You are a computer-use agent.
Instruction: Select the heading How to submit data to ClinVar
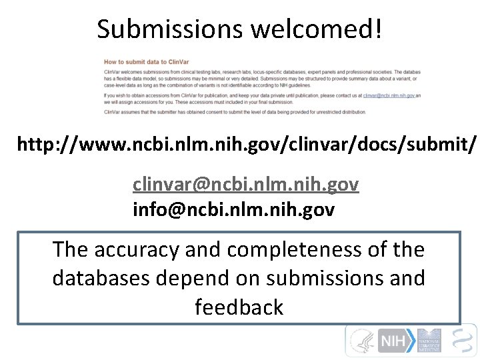143,61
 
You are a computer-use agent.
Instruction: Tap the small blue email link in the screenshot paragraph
389,95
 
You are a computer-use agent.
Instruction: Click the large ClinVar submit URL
247,144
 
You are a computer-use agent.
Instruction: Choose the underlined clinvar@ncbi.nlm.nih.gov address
245,184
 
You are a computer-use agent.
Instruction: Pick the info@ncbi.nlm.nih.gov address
233,210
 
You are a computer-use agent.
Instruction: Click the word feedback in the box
239,307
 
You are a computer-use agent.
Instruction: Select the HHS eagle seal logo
362,341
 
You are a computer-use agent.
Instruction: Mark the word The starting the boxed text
70,249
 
